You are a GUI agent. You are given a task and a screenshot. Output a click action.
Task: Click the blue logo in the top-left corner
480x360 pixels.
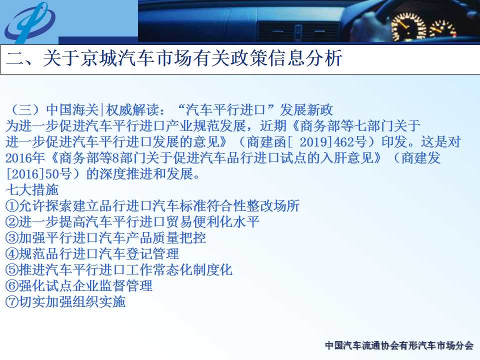point(29,22)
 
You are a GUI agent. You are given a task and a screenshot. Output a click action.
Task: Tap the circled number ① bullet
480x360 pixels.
point(12,205)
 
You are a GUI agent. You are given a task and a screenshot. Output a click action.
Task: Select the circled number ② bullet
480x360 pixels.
point(12,221)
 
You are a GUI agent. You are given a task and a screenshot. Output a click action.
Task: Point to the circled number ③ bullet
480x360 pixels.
point(12,238)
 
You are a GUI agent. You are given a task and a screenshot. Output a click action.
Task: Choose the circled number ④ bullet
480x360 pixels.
point(12,254)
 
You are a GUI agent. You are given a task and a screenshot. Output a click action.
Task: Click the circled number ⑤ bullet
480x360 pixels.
point(12,269)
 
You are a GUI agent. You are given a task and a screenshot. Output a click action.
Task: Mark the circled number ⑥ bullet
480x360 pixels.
point(12,285)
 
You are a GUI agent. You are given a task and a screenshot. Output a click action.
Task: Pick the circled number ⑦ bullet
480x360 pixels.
point(12,302)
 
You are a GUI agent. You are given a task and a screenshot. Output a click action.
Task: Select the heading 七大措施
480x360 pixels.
point(32,190)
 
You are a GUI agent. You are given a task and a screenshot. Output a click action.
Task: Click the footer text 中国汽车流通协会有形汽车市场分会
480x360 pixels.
point(399,345)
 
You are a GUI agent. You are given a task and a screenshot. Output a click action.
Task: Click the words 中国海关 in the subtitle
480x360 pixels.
point(72,110)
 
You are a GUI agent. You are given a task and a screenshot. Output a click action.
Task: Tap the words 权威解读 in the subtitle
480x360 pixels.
point(132,110)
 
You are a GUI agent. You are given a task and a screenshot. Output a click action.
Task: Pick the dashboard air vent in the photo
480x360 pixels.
point(298,31)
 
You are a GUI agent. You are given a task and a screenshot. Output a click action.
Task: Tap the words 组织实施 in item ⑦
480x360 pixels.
point(99,302)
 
